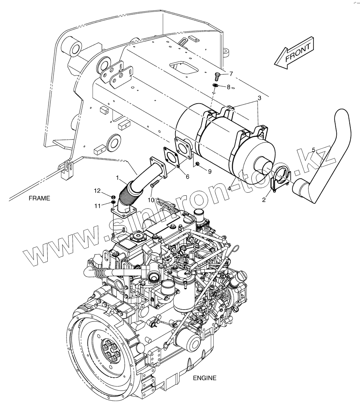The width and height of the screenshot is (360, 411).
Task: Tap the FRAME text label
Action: [x=39, y=198]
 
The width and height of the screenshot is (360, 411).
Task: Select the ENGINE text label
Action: [x=204, y=378]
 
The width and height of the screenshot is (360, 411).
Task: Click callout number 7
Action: [x=231, y=74]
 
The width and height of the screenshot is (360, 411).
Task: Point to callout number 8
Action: [x=228, y=87]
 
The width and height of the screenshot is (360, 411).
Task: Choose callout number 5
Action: [x=313, y=150]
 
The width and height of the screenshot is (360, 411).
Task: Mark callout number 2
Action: [x=264, y=200]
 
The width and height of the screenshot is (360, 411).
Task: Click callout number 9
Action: [x=210, y=171]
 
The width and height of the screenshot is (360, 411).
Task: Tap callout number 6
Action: [x=187, y=177]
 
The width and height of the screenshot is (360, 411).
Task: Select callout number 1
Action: [x=118, y=178]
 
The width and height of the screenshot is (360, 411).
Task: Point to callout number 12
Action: [x=97, y=191]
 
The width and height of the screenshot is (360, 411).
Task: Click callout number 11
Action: [x=97, y=205]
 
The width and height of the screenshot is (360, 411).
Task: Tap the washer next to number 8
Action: [x=215, y=86]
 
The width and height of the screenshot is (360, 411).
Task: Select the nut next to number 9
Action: [x=198, y=164]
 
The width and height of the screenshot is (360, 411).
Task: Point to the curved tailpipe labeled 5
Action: [x=325, y=155]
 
